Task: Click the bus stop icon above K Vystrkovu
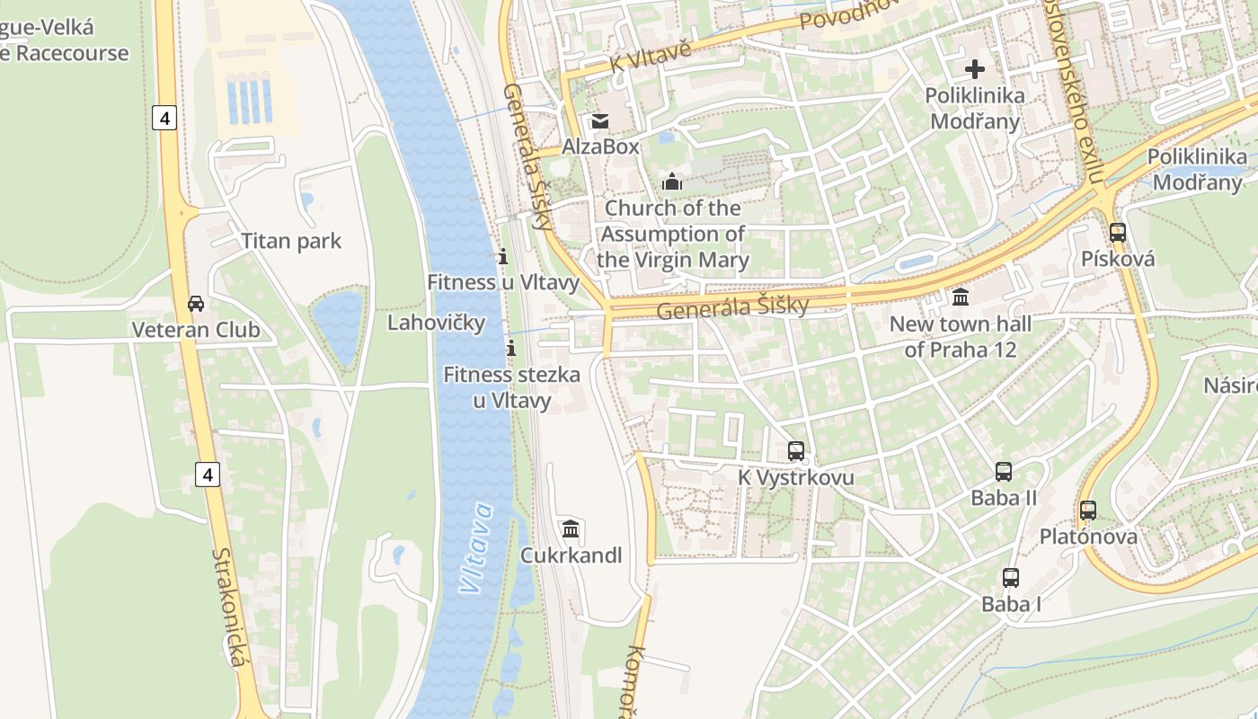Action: click(x=796, y=451)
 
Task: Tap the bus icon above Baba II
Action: click(x=1004, y=472)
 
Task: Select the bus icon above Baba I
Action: click(x=1011, y=578)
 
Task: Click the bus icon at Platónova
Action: click(x=1088, y=510)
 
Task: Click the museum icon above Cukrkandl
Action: click(x=571, y=528)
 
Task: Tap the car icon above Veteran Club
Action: click(x=196, y=304)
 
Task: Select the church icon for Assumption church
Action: click(x=672, y=182)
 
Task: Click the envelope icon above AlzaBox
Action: click(x=599, y=120)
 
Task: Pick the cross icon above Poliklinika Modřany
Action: click(x=975, y=69)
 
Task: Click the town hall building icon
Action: click(x=961, y=297)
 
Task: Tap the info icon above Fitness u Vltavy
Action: click(x=503, y=257)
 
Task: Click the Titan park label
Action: click(x=291, y=241)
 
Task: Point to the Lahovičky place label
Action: click(x=436, y=322)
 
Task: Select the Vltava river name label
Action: click(x=477, y=548)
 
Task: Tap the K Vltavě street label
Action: click(x=650, y=55)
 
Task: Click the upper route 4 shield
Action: click(x=164, y=118)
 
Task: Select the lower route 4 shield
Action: click(x=208, y=474)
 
